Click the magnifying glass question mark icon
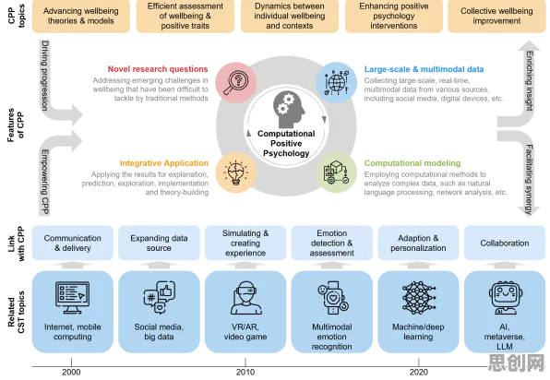coord(235,83)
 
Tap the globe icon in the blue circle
coord(337,83)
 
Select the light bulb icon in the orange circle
coord(235,172)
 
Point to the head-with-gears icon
coord(289,110)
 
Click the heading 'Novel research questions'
coord(158,69)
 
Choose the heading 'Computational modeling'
coord(412,163)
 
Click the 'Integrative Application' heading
coord(164,163)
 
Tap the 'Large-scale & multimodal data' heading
coord(424,69)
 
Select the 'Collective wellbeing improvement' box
coord(496,16)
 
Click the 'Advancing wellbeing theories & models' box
coord(81,16)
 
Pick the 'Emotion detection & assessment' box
coord(332,243)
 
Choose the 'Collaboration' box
coord(505,243)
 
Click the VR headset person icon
coord(245,298)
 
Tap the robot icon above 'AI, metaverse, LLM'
coord(505,298)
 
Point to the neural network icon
coord(418,298)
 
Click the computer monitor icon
coord(72,298)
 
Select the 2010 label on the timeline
coord(245,373)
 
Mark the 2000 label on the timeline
coord(71,373)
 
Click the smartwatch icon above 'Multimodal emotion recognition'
coord(332,298)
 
